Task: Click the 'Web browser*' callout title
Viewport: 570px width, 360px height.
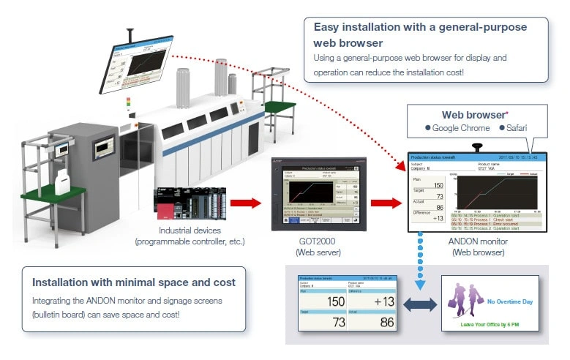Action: [x=475, y=115]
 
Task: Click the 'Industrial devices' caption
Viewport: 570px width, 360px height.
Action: [x=190, y=231]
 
